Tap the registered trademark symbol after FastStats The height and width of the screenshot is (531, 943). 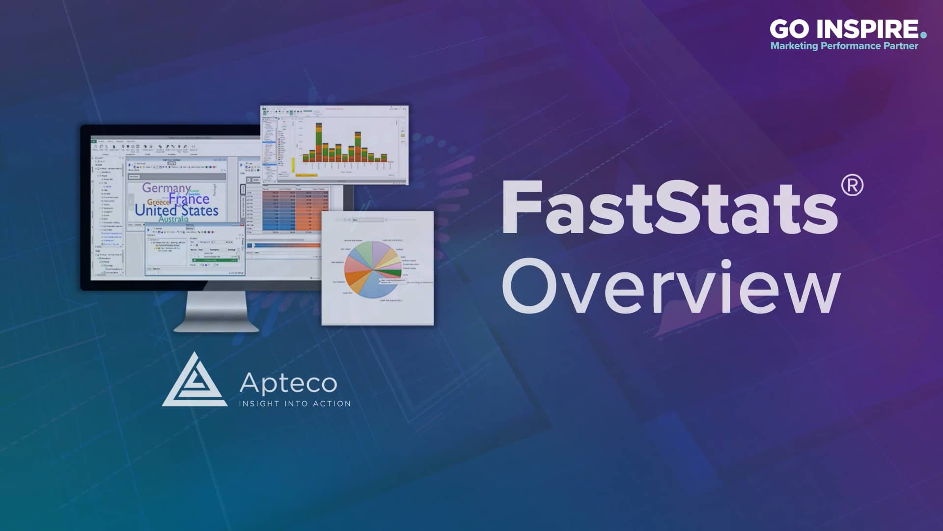point(852,186)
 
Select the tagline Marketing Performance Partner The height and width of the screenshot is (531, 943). point(844,46)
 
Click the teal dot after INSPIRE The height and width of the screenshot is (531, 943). point(923,35)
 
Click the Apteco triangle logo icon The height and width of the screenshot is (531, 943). point(194,381)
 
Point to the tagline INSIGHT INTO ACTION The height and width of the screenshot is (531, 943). point(295,404)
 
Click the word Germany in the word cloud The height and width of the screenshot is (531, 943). point(166,188)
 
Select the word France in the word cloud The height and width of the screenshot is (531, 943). point(189,199)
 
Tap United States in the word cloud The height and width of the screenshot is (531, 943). point(176,210)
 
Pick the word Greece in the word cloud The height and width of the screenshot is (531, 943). point(158,202)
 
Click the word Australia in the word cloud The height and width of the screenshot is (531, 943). point(173,219)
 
